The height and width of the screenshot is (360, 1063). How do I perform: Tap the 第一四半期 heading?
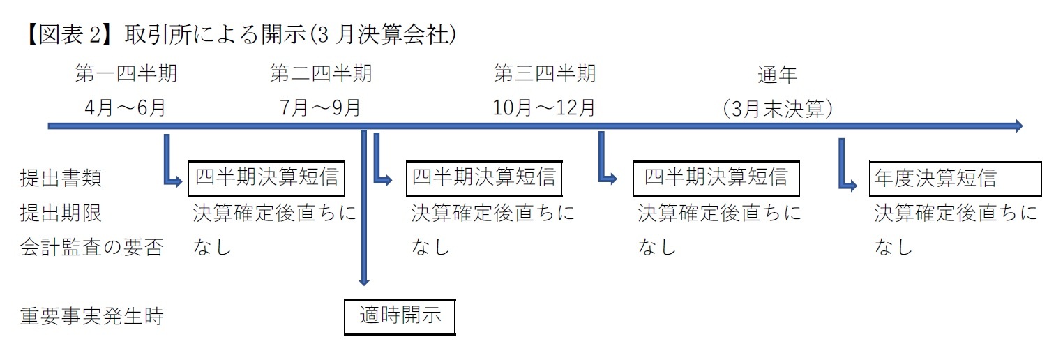[126, 74]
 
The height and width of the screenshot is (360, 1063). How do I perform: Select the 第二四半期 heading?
[321, 74]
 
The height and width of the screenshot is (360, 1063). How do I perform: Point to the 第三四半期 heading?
[545, 73]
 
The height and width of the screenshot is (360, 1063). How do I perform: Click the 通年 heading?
[777, 74]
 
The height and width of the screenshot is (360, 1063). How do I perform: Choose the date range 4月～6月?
[126, 108]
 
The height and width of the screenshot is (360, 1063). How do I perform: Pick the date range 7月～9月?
[321, 108]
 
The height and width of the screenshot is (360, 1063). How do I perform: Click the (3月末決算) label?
[777, 109]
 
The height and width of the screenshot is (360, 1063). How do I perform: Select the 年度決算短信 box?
[955, 179]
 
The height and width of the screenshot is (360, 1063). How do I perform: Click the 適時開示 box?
[400, 316]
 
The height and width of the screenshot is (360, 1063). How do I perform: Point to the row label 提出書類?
[61, 179]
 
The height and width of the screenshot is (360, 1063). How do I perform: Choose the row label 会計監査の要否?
[91, 248]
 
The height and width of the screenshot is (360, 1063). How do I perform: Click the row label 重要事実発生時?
[91, 317]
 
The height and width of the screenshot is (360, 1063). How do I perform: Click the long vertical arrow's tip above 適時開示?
[363, 280]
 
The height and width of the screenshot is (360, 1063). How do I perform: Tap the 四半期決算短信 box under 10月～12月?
[716, 179]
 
